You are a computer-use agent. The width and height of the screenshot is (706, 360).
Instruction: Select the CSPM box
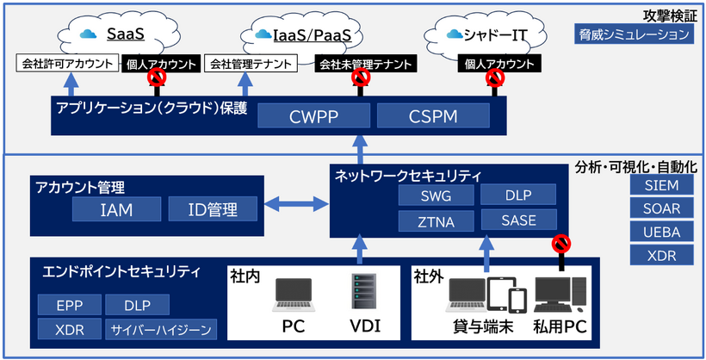point(433,115)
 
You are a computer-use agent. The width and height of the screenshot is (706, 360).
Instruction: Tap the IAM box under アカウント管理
point(115,208)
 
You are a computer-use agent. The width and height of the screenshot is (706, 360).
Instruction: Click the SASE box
point(519,221)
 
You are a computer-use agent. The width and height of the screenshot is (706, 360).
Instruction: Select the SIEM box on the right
point(660,185)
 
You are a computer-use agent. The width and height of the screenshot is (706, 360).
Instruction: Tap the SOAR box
point(660,208)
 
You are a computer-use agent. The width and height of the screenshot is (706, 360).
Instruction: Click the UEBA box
point(660,232)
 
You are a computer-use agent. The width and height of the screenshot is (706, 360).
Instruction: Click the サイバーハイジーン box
point(161,330)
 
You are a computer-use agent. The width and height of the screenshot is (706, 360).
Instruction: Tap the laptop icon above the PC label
point(294,295)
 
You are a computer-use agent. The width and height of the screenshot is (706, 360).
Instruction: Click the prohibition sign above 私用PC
point(560,245)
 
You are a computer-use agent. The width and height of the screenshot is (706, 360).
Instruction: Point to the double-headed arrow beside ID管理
point(295,205)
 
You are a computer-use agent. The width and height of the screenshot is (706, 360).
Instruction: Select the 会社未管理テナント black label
point(364,64)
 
